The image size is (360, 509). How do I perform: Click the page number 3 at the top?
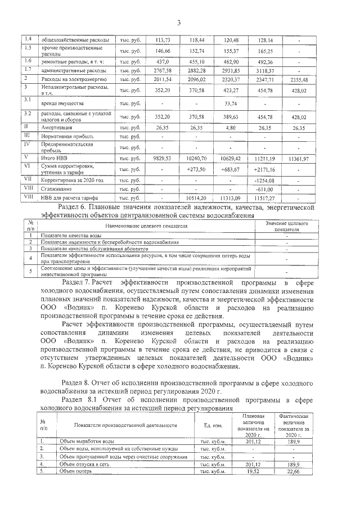[178, 22]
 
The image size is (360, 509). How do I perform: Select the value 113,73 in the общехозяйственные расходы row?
[162, 40]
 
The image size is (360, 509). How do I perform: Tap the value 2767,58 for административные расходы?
[162, 71]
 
